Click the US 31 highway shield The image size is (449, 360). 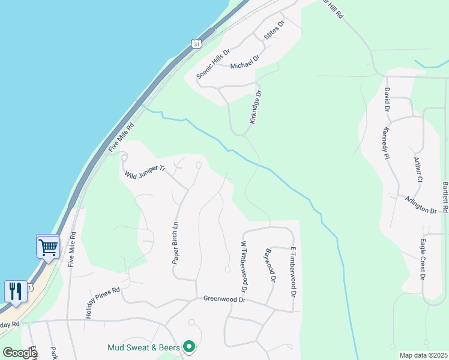coord(196,44)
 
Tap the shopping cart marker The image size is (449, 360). coord(48,246)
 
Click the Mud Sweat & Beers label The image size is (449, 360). coord(145,347)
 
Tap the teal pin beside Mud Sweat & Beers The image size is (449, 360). coord(190,346)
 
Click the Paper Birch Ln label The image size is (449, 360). coord(176,244)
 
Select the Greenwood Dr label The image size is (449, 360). coord(225,299)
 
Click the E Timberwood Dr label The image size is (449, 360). coord(293,272)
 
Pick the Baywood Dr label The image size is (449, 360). coord(270,266)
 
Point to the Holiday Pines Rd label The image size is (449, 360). coord(103,302)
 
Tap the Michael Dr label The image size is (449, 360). coord(244,61)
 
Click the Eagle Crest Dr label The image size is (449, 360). coord(423,261)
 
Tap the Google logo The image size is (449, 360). coord(20,352)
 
